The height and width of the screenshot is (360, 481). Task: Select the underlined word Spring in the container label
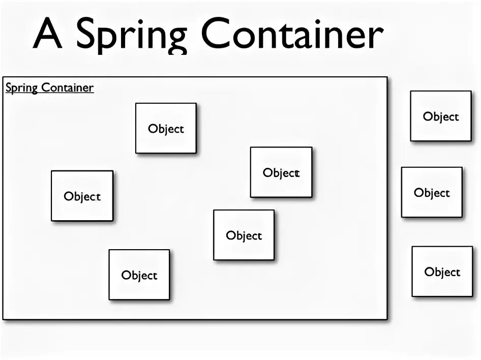pos(21,88)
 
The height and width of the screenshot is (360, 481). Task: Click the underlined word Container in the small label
pos(67,87)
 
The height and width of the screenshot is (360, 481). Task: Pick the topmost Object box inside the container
pos(166,128)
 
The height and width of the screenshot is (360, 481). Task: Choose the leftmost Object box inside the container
pos(82,196)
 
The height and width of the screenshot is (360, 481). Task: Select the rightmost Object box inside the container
pos(281,172)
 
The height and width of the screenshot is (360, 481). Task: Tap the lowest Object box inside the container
pos(139,275)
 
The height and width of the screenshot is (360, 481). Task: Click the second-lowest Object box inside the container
pos(244,235)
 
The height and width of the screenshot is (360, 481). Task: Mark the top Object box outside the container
pos(441,116)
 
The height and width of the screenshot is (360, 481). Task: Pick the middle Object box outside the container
pos(432,192)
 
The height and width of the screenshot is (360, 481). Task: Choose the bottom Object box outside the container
pos(442,272)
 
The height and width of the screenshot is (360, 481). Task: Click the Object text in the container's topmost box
pos(166,129)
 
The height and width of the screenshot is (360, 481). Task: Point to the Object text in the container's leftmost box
pos(82,197)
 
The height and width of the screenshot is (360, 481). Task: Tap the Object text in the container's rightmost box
pos(281,173)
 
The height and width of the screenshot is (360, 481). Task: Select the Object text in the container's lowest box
pos(139,276)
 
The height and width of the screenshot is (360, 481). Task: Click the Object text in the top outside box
pos(441,117)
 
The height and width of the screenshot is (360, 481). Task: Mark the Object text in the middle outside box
pos(432,193)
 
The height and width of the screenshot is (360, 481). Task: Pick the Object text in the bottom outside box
pos(442,273)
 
